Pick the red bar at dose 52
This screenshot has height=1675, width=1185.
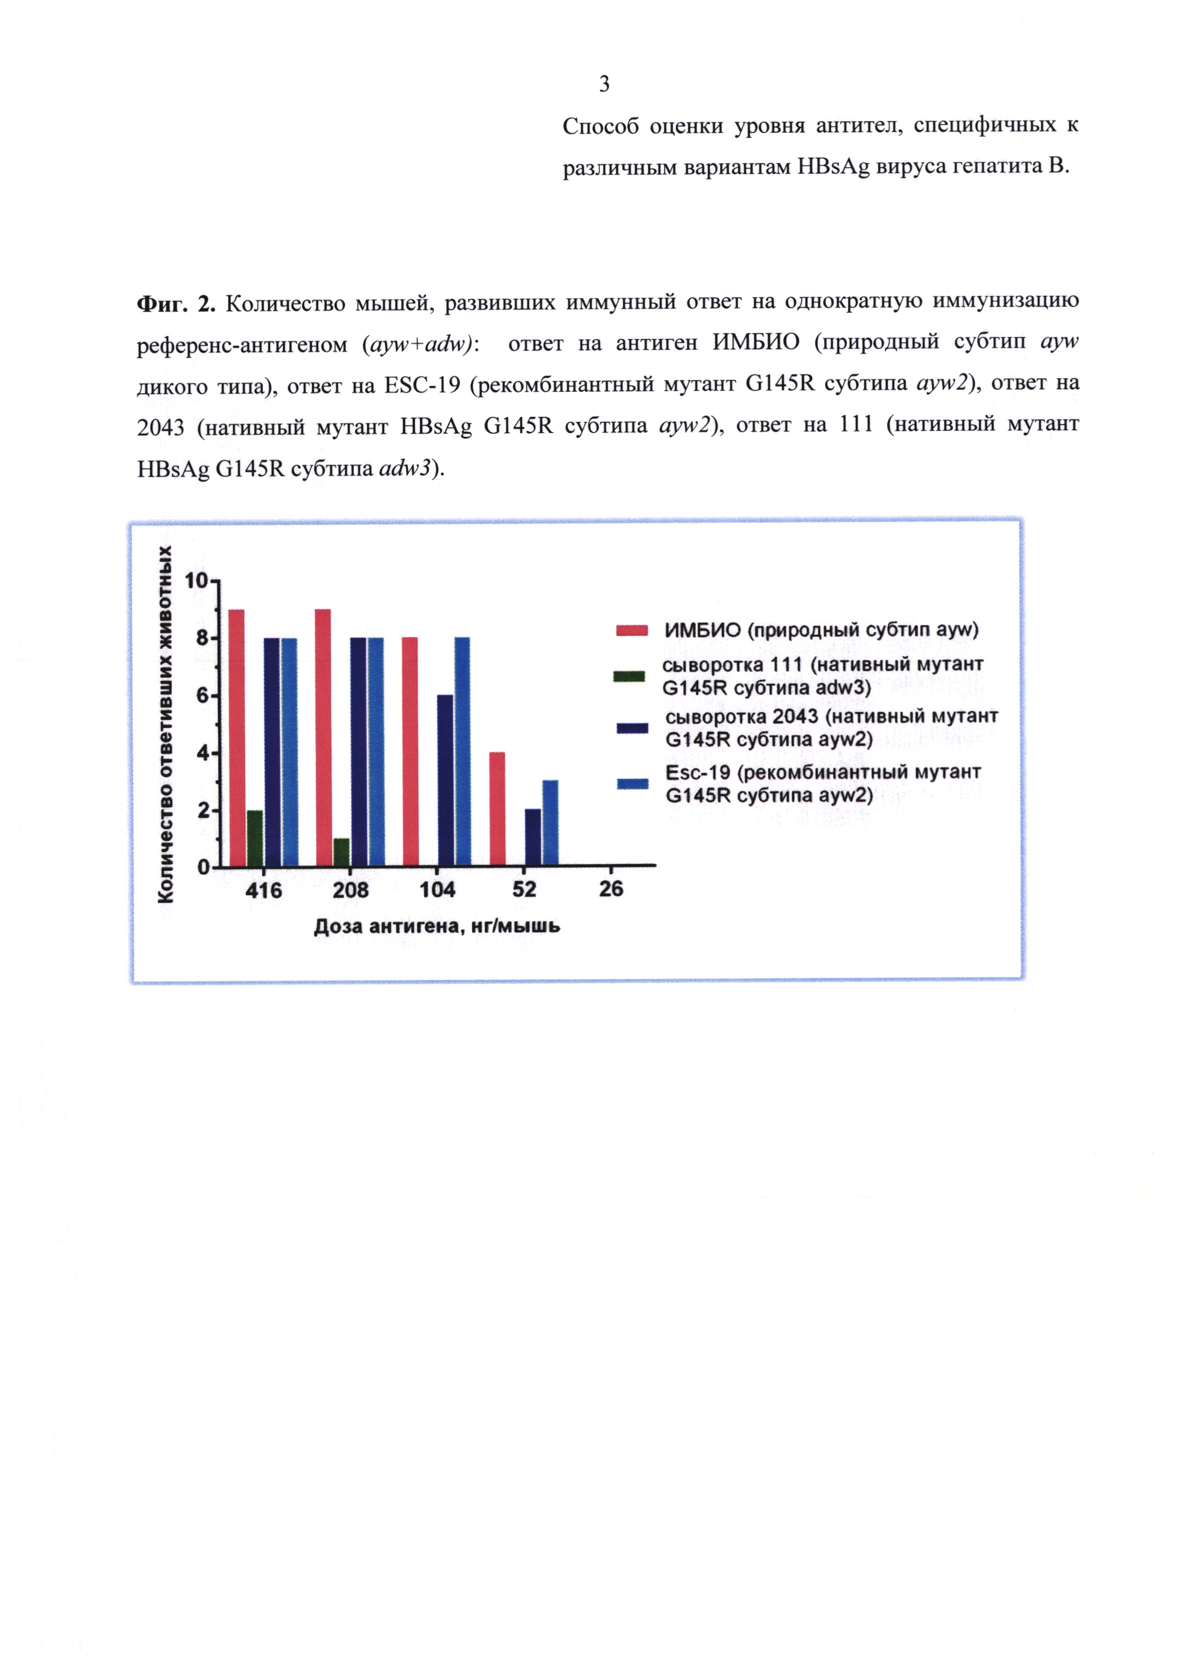[497, 809]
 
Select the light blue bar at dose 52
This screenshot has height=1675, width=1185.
[550, 823]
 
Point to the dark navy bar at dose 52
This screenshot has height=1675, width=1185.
[533, 838]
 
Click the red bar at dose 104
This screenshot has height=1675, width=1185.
[410, 752]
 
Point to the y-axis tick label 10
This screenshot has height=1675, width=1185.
[196, 581]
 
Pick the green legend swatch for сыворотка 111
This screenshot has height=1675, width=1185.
[629, 676]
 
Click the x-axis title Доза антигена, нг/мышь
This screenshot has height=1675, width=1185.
[437, 927]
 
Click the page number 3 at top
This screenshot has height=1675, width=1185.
[604, 85]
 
